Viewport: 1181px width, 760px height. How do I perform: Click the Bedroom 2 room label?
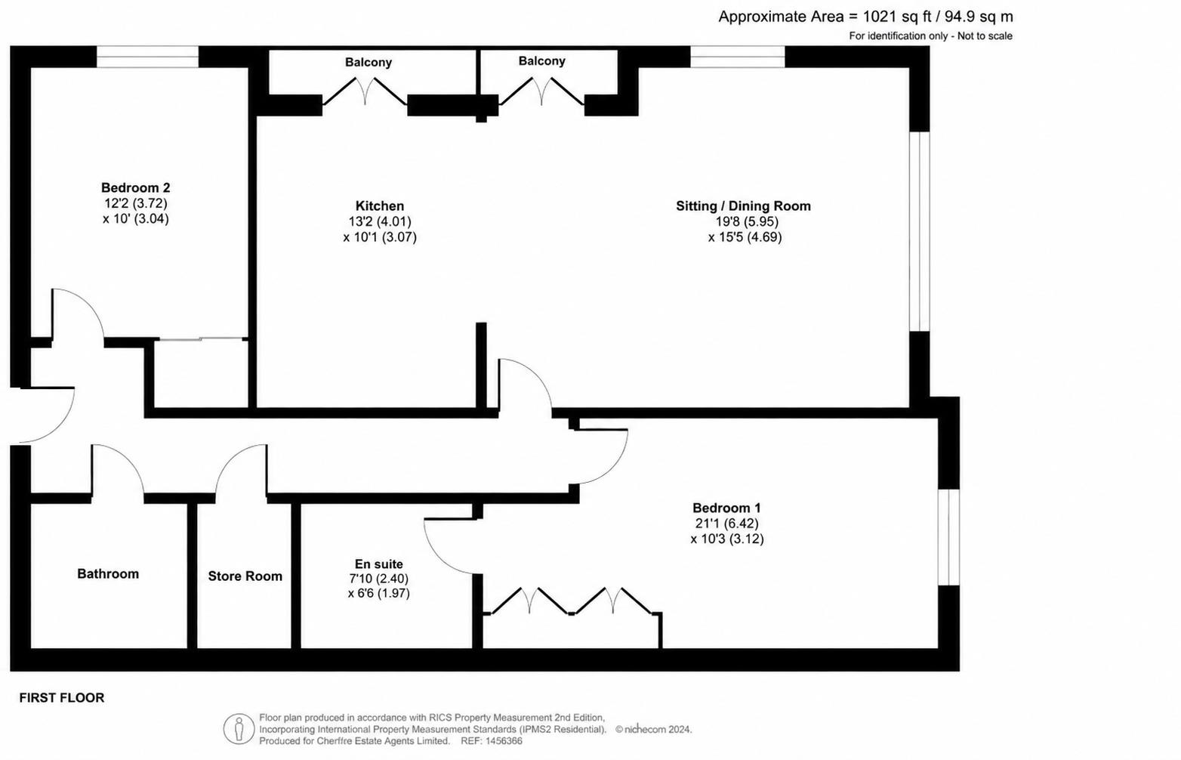point(135,188)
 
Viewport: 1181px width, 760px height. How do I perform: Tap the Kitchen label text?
point(380,205)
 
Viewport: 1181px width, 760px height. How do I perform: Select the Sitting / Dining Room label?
point(743,206)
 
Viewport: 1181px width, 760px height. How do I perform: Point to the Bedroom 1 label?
point(726,508)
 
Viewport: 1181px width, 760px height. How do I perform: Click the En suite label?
point(378,564)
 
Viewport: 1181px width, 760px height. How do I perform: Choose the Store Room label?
point(245,576)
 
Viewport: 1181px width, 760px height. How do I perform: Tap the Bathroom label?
point(108,574)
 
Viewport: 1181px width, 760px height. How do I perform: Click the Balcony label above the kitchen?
point(368,62)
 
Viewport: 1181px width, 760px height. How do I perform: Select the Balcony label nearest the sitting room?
point(542,60)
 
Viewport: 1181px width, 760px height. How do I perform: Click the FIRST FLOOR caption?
point(62,698)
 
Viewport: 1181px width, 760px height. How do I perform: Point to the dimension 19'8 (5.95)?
point(747,221)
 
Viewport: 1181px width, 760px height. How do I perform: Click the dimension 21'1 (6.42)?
point(726,524)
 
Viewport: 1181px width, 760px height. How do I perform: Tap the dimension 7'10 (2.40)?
point(378,579)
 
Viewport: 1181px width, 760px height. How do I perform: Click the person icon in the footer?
point(239,729)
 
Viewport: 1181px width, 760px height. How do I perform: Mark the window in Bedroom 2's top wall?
point(148,57)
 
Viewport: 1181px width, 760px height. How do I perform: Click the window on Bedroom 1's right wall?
point(948,537)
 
